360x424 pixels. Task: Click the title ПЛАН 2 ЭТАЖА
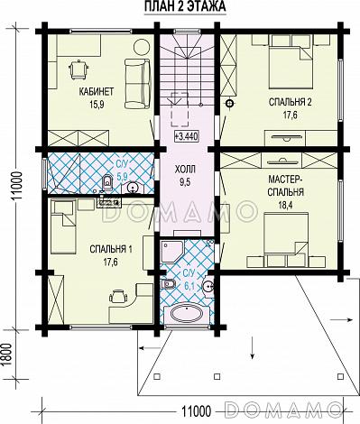pyautogui.click(x=185, y=6)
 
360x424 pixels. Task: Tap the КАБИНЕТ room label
pyautogui.click(x=97, y=91)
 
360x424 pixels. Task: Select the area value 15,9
pyautogui.click(x=97, y=105)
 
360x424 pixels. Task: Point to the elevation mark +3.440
pyautogui.click(x=186, y=137)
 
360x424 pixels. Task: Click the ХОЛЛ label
pyautogui.click(x=185, y=170)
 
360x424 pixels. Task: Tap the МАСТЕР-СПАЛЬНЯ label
pyautogui.click(x=285, y=186)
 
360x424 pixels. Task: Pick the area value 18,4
pyautogui.click(x=285, y=205)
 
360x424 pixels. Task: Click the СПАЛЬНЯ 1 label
pyautogui.click(x=111, y=249)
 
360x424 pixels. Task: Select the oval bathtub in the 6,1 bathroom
pyautogui.click(x=187, y=314)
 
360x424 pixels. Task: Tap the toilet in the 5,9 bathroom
pyautogui.click(x=107, y=182)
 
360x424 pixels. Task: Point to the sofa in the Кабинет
pyautogui.click(x=137, y=84)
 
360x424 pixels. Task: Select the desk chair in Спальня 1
pyautogui.click(x=117, y=296)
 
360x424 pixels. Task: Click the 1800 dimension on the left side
pyautogui.click(x=9, y=354)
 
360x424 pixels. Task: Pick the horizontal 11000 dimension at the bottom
pyautogui.click(x=196, y=410)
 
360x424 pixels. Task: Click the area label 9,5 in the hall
pyautogui.click(x=185, y=182)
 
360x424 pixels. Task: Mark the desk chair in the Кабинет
pyautogui.click(x=78, y=69)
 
